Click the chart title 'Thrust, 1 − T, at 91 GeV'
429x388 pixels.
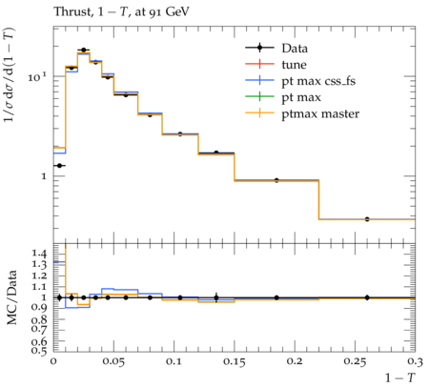click(x=121, y=12)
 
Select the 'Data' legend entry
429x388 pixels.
click(x=276, y=49)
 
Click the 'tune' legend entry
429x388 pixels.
click(x=276, y=65)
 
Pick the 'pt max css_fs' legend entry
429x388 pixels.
click(x=300, y=81)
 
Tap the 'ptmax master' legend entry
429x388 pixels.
click(x=302, y=113)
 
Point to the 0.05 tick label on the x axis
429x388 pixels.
click(x=113, y=362)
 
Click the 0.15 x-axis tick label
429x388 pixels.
click(x=235, y=362)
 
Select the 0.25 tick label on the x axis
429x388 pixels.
click(x=355, y=362)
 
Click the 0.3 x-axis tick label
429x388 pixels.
click(x=416, y=362)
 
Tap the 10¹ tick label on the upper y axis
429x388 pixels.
click(x=37, y=76)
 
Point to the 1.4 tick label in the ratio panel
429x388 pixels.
click(x=39, y=254)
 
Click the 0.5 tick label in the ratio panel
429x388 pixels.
click(x=39, y=350)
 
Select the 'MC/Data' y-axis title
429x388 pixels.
click(x=12, y=297)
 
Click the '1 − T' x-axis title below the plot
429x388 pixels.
click(x=400, y=378)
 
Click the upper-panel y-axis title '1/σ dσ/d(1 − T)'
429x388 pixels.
click(x=10, y=75)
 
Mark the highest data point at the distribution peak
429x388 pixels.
click(x=84, y=50)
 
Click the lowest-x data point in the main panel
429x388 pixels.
click(x=59, y=166)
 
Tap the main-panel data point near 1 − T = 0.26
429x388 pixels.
click(x=367, y=219)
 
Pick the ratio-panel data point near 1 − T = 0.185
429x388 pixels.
click(x=276, y=297)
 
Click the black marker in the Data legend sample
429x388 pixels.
click(x=259, y=48)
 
